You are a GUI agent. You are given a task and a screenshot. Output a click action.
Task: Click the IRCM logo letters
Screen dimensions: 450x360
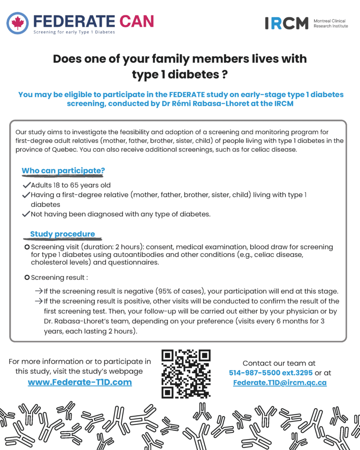tap(286, 23)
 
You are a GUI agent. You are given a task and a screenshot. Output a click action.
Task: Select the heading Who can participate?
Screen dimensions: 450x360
tap(63, 171)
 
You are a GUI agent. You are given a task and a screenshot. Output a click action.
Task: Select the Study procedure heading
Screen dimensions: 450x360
tap(62, 234)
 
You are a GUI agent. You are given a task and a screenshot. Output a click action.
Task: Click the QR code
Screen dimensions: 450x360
tap(185, 374)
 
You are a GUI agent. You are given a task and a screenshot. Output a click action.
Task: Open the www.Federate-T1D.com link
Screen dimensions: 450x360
tap(80, 382)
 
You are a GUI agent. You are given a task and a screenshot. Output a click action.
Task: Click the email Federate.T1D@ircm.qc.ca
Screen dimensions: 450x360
tap(280, 383)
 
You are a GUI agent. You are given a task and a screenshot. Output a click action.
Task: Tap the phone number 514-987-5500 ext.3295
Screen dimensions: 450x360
tap(271, 373)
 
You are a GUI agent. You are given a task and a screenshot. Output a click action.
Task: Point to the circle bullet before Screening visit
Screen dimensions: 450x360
tap(27, 247)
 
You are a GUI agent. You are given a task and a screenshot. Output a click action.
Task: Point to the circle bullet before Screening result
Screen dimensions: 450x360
tap(27, 277)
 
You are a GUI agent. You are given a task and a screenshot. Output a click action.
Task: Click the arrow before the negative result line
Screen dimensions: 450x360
tap(39, 291)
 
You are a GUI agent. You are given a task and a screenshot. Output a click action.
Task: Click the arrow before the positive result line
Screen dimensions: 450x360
tap(39, 301)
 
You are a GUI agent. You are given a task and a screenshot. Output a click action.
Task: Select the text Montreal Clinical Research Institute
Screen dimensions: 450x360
tap(331, 23)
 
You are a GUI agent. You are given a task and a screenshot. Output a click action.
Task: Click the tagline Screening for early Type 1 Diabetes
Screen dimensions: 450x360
tap(74, 32)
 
